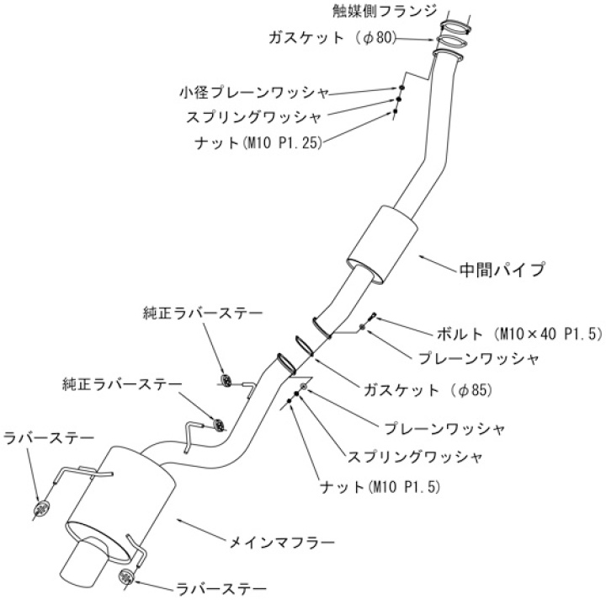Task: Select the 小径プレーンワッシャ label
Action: pyautogui.click(x=253, y=91)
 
